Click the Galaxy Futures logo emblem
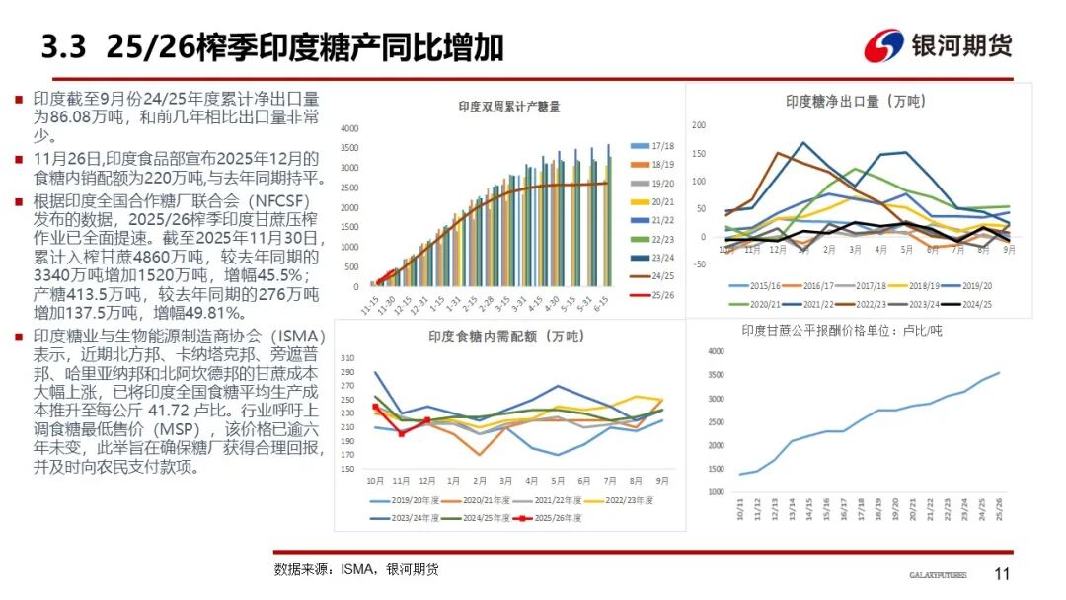tap(883, 45)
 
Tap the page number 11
tap(1002, 574)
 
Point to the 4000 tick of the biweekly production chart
tap(349, 129)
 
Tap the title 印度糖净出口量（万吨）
tap(855, 101)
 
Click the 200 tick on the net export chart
tap(700, 125)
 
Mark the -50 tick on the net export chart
tap(698, 264)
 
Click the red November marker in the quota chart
tap(401, 433)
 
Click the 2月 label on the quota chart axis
tap(480, 481)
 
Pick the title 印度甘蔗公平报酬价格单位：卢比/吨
tap(842, 330)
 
